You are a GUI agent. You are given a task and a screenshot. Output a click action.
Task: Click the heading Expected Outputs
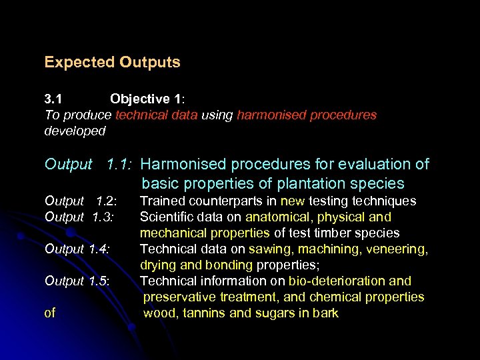(x=112, y=63)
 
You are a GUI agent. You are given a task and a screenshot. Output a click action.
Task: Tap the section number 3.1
(x=53, y=99)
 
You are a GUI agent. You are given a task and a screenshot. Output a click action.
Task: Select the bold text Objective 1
(x=147, y=99)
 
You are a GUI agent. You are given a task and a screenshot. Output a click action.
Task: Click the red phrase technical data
(x=156, y=115)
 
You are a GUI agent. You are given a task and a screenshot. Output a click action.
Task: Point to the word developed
(x=75, y=131)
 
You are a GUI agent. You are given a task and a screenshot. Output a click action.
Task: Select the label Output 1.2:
(x=80, y=201)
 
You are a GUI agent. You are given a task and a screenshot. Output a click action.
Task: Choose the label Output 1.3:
(x=80, y=217)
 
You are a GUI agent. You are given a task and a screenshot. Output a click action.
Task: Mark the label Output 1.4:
(x=77, y=249)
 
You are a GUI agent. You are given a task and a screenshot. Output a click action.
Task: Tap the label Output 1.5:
(x=77, y=281)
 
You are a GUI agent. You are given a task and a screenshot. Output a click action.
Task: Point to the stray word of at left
(x=50, y=313)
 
